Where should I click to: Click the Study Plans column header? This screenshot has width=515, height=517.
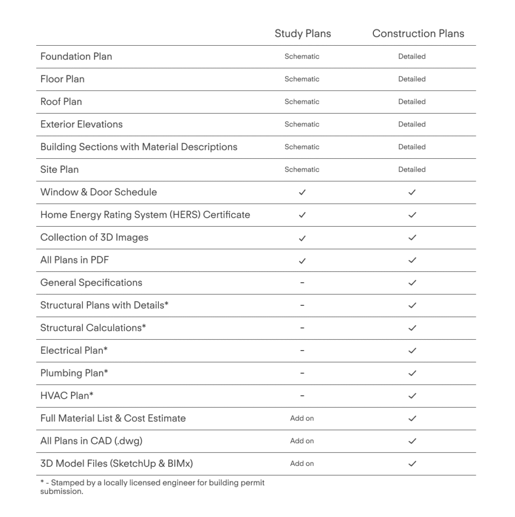point(302,33)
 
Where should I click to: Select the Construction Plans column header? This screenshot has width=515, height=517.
point(418,33)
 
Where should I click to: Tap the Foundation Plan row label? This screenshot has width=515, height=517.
point(76,57)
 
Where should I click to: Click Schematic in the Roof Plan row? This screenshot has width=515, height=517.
point(302,102)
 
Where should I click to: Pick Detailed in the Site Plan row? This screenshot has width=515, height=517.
point(412,170)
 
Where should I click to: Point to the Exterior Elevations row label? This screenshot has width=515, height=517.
point(81,124)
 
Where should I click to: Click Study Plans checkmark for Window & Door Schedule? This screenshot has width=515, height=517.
point(302,192)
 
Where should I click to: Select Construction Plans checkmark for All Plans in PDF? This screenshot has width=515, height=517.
point(412,260)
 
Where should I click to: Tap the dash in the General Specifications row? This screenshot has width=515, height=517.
point(302,283)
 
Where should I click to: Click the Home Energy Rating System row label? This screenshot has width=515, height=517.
point(145,215)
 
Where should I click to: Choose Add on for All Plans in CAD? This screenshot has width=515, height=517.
point(302,441)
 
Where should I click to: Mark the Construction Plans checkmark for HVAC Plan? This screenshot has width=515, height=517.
point(412,396)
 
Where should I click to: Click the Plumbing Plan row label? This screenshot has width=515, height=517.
point(74,373)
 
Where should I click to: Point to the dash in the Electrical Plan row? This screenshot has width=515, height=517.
point(302,351)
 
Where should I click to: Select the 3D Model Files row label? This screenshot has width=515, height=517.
point(116,464)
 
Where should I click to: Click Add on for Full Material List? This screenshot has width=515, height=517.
point(302,418)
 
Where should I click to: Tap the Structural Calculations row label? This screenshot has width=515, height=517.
point(93,328)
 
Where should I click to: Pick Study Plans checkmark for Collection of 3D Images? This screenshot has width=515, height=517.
point(302,237)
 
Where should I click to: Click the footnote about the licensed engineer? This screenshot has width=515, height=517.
point(152,487)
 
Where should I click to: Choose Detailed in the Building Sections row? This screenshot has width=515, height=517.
point(412,147)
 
